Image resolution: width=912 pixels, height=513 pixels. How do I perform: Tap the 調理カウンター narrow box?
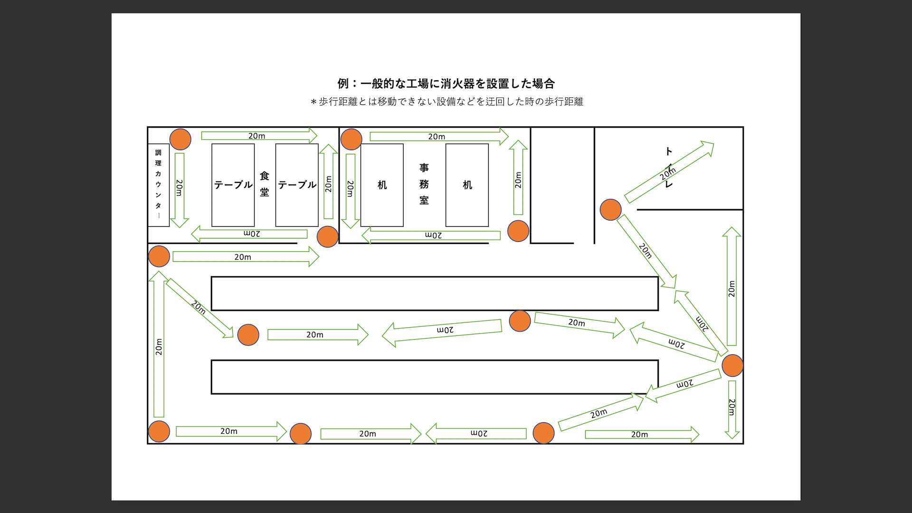(158, 185)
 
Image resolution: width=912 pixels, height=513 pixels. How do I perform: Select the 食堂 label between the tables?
(265, 184)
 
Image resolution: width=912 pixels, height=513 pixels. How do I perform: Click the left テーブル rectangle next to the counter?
(233, 185)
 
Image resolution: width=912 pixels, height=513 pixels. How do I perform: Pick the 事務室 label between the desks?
(424, 184)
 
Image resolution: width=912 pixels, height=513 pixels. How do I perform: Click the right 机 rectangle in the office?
(467, 185)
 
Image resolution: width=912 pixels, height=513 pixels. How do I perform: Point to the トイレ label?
(669, 167)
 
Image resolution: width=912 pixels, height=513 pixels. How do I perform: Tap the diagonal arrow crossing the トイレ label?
(669, 172)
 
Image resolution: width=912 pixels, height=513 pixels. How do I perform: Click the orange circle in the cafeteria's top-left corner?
(180, 139)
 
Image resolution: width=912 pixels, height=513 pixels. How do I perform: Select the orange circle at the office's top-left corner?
(351, 139)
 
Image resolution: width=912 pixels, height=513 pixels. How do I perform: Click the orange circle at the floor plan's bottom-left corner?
(159, 431)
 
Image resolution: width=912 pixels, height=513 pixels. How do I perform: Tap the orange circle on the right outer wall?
(732, 365)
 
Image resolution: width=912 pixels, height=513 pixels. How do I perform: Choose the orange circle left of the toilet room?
(610, 209)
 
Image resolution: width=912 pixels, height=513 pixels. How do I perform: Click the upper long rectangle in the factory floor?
(435, 294)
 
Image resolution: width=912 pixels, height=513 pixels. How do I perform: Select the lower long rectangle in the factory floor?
(435, 377)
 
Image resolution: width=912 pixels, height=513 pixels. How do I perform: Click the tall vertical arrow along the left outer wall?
(159, 344)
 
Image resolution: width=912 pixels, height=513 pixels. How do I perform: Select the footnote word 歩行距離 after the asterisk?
(338, 102)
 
